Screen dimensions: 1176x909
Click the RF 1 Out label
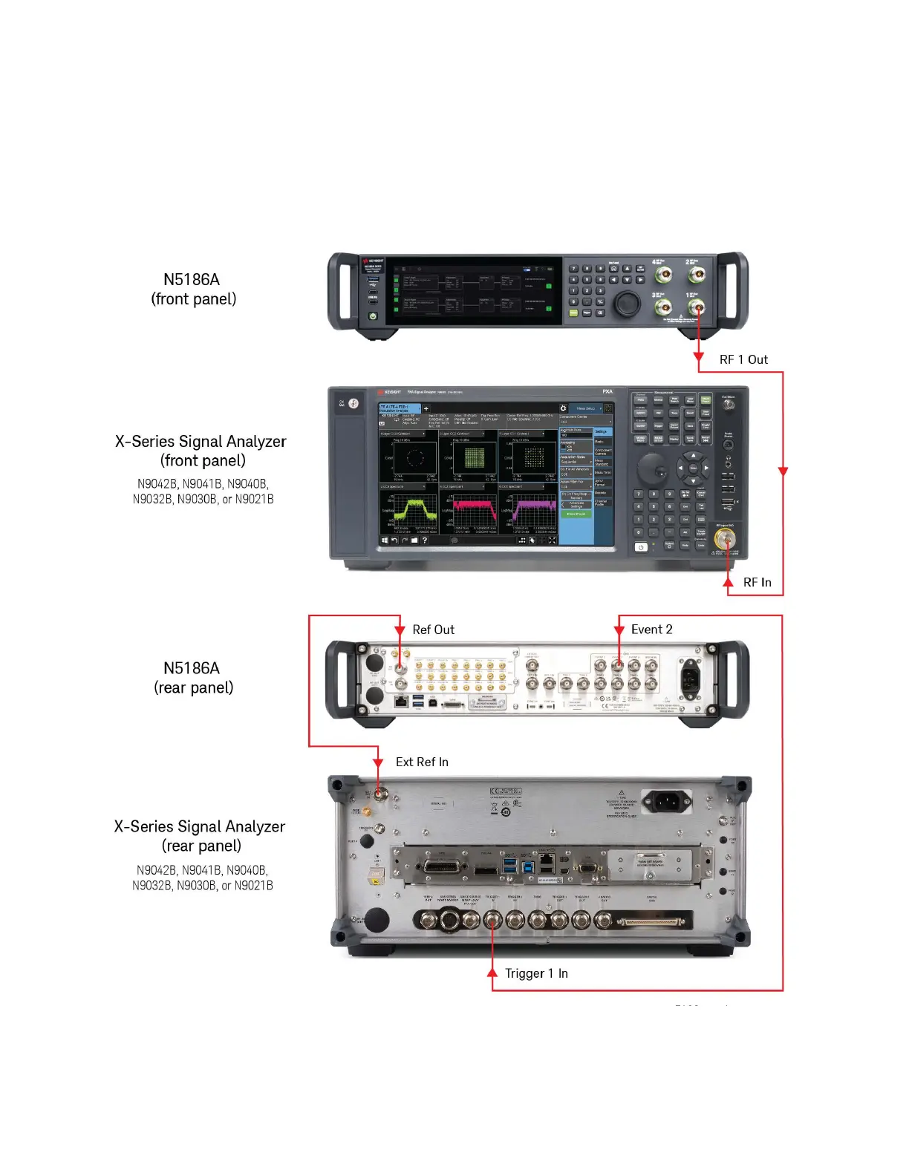pos(743,359)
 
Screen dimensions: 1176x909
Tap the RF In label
pos(757,582)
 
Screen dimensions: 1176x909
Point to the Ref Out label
pos(433,630)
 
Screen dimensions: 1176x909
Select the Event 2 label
pos(651,630)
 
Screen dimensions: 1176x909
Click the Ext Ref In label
pos(422,762)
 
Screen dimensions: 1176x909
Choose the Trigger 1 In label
pos(536,973)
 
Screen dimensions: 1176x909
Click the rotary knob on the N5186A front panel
pos(627,303)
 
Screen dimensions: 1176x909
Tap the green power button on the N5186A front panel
pos(373,316)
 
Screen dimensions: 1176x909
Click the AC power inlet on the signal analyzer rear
pos(667,801)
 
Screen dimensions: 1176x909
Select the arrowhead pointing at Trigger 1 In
pos(492,972)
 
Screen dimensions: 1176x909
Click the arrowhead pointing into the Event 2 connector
pos(619,630)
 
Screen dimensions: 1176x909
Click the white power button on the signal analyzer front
pos(640,547)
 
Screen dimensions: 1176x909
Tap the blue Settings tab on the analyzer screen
pos(602,431)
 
